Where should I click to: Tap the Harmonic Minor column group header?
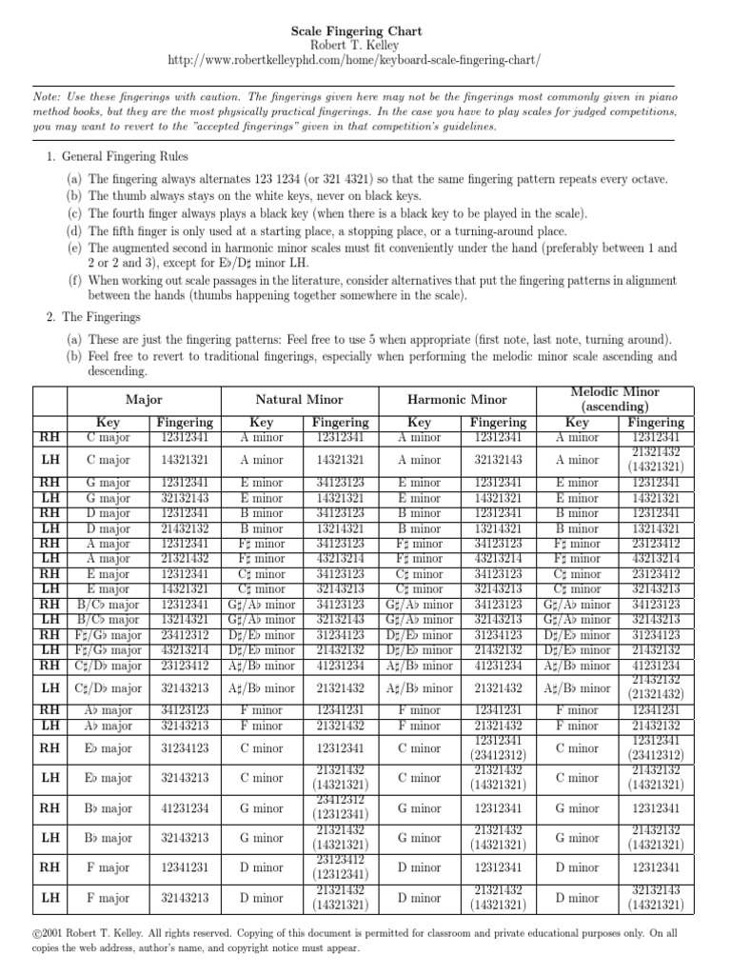(457, 400)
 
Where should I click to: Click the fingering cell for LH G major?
(185, 497)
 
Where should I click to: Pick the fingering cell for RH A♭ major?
(185, 710)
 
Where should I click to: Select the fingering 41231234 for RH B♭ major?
(185, 808)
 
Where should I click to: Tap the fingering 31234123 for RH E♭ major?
(185, 748)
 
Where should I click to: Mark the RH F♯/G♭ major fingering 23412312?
(185, 634)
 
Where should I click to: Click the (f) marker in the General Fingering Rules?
(73, 281)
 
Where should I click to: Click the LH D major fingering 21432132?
(185, 527)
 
